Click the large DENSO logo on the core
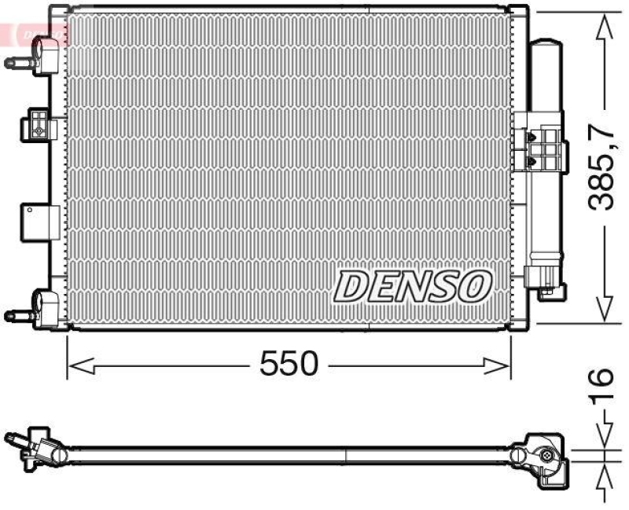(413, 285)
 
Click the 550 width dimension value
(289, 364)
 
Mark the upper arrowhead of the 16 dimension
(603, 439)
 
